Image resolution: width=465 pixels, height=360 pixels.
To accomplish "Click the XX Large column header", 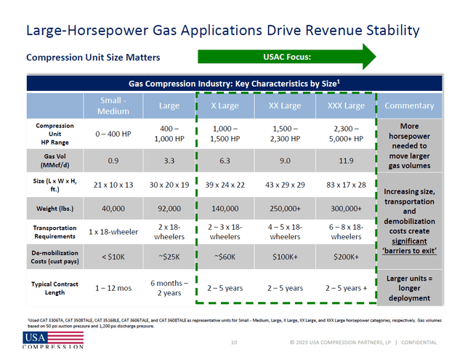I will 286,106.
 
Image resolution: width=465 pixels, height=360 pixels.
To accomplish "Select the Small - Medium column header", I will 113,106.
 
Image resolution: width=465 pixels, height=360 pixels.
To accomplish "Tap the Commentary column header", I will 409,106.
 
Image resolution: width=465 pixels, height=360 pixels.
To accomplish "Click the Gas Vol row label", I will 54,160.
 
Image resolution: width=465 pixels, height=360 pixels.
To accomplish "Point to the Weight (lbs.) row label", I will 54,208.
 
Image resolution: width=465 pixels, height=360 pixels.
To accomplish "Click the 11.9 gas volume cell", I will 345,161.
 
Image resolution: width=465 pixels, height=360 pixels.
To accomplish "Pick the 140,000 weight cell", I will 225,209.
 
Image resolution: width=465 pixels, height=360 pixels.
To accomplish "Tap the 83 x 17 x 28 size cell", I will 345,185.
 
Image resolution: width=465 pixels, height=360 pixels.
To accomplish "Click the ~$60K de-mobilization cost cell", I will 225,257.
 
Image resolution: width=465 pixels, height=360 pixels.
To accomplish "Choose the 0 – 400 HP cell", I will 113,135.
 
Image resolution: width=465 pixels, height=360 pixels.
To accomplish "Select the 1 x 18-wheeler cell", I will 113,232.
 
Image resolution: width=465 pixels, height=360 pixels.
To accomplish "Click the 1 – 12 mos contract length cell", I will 113,288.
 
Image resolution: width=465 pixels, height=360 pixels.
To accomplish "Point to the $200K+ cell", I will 345,257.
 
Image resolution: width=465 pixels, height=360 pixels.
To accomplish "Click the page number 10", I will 234,342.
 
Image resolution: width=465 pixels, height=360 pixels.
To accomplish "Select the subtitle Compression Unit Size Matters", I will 93,57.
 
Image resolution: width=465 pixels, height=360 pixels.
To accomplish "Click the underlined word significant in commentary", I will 409,241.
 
